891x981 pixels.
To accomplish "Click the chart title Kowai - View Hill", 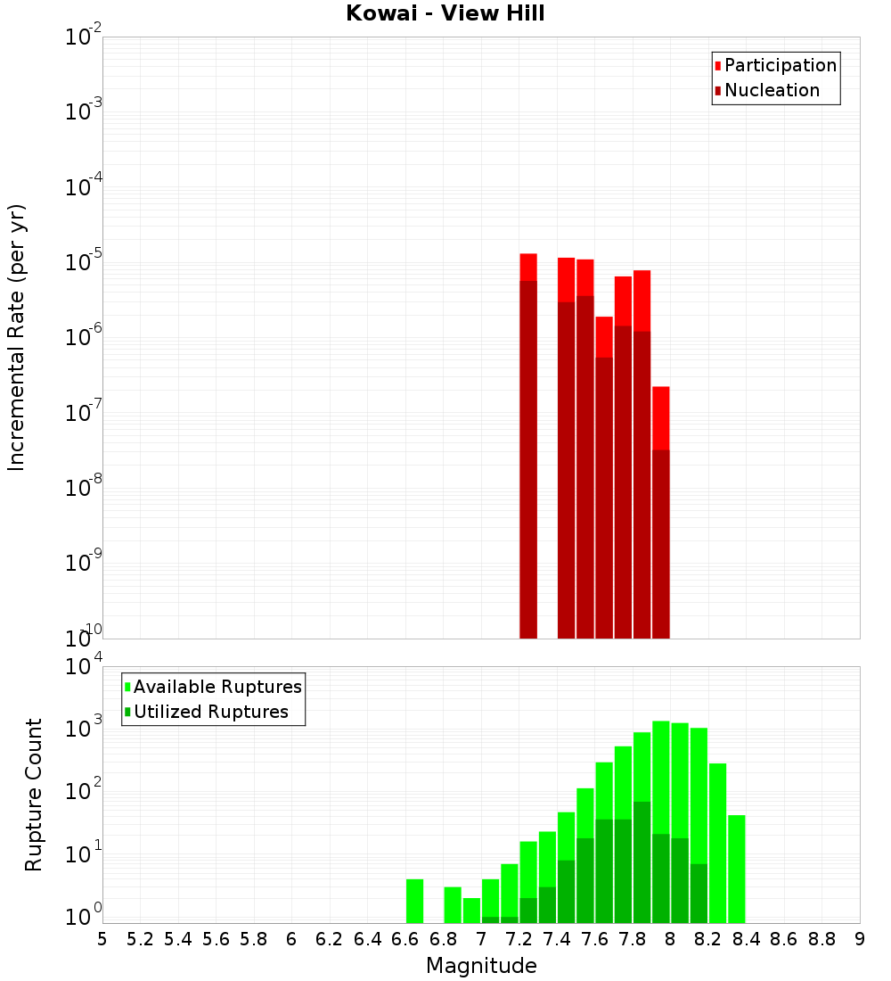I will coord(445,14).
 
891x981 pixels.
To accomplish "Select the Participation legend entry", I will coord(775,66).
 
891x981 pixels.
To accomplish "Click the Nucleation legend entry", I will coord(766,91).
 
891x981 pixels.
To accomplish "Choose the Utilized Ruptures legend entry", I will coord(205,713).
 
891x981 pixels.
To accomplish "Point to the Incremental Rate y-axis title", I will coord(17,337).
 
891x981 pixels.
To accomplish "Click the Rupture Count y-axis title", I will coord(34,795).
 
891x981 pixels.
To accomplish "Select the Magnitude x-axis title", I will coord(481,966).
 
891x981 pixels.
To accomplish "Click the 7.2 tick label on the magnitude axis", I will coord(519,939).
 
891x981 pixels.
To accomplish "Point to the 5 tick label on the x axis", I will coord(102,939).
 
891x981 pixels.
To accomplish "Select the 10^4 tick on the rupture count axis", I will coord(84,667).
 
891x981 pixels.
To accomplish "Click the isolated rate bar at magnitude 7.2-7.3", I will coord(528,446).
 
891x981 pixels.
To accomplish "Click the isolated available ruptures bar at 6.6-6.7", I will coord(414,901).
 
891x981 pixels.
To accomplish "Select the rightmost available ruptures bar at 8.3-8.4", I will coord(737,870).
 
